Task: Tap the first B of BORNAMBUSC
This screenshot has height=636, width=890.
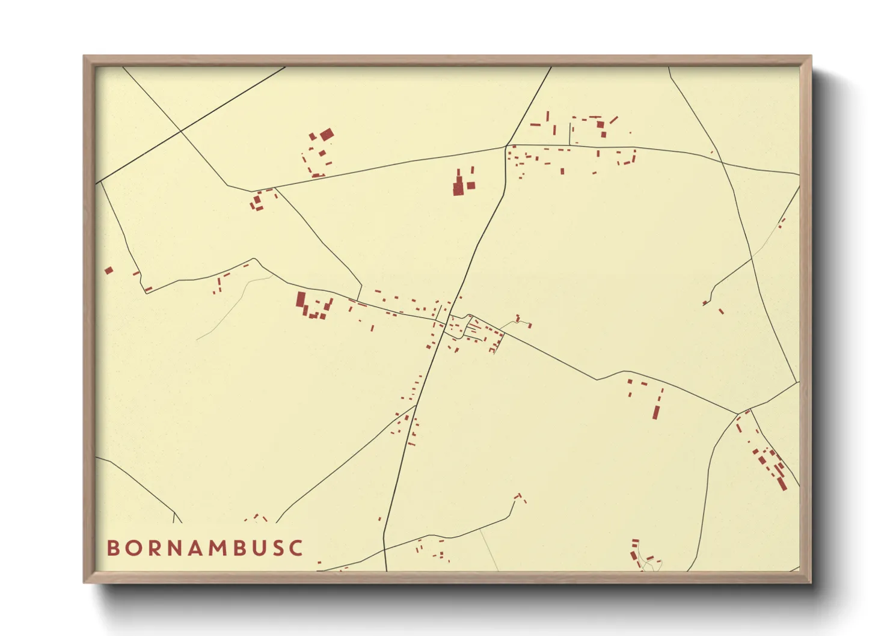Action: pyautogui.click(x=112, y=548)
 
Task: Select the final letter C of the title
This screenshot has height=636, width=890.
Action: pyautogui.click(x=296, y=548)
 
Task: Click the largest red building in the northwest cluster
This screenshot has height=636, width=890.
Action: pyautogui.click(x=326, y=135)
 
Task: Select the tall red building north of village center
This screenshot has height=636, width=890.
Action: pyautogui.click(x=458, y=184)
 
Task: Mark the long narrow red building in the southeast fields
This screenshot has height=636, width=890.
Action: pyautogui.click(x=656, y=412)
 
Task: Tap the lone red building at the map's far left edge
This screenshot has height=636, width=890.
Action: pyautogui.click(x=109, y=271)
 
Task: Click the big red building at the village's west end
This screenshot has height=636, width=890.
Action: pyautogui.click(x=301, y=299)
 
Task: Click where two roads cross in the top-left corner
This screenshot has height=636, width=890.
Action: pyautogui.click(x=180, y=130)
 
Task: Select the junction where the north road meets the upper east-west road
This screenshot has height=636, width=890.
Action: pyautogui.click(x=506, y=146)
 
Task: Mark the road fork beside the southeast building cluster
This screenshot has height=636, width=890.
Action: pyautogui.click(x=738, y=414)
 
